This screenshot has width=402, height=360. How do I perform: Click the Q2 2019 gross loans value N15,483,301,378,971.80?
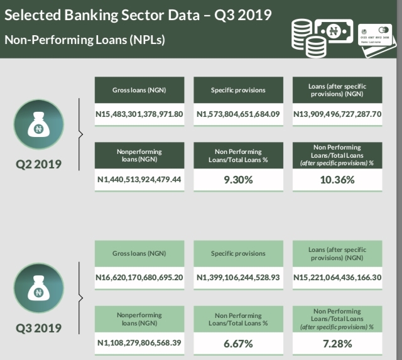139,114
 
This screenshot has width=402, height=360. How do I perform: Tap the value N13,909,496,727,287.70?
337,114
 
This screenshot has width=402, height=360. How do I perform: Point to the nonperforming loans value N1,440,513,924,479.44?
139,180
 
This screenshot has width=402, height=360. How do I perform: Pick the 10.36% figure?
337,180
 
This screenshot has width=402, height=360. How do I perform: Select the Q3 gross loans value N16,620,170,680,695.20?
139,278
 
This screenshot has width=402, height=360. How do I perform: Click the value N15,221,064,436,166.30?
337,278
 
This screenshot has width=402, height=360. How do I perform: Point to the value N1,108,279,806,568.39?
139,343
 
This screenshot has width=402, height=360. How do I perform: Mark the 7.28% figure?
337,343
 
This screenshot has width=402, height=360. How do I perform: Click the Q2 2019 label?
38,165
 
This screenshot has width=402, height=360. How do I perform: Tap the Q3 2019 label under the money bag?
38,328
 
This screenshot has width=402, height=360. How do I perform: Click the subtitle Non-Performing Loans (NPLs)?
85,39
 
